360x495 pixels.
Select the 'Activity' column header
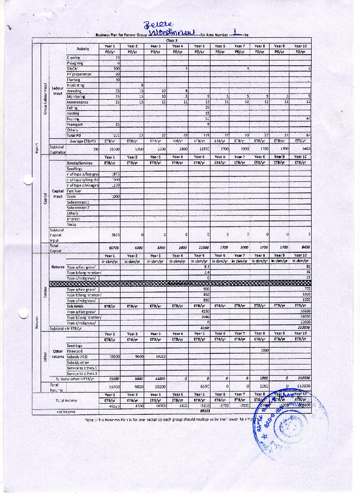[83, 49]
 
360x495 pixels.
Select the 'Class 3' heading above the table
[172, 41]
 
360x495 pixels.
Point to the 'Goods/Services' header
[80, 163]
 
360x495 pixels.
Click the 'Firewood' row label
[75, 351]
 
